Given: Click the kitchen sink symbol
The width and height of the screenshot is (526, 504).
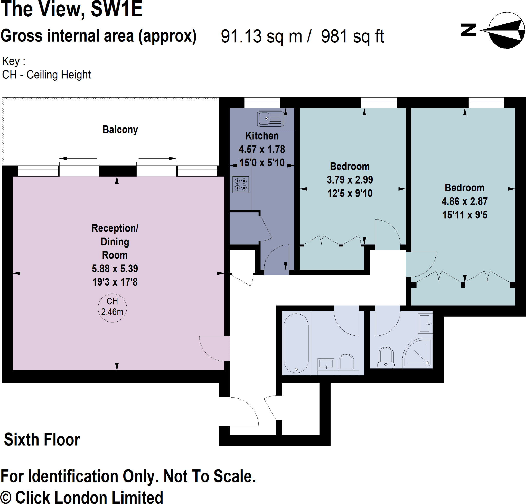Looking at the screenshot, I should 270,118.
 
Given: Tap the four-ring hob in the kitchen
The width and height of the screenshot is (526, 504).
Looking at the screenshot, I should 240,184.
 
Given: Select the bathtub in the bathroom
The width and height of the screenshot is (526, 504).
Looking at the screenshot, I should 296,343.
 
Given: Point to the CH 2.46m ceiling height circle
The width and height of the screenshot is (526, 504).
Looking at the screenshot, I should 112,307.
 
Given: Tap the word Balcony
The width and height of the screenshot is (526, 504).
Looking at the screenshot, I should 120,130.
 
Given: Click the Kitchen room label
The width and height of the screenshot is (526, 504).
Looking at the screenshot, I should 262,136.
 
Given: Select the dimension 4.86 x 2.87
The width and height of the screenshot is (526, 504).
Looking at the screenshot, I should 464,201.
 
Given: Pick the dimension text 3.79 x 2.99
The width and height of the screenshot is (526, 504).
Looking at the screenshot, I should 350,180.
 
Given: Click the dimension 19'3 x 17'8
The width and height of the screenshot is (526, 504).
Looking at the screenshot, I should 115,282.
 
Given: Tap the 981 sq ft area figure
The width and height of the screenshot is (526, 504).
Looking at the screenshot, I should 352,36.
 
